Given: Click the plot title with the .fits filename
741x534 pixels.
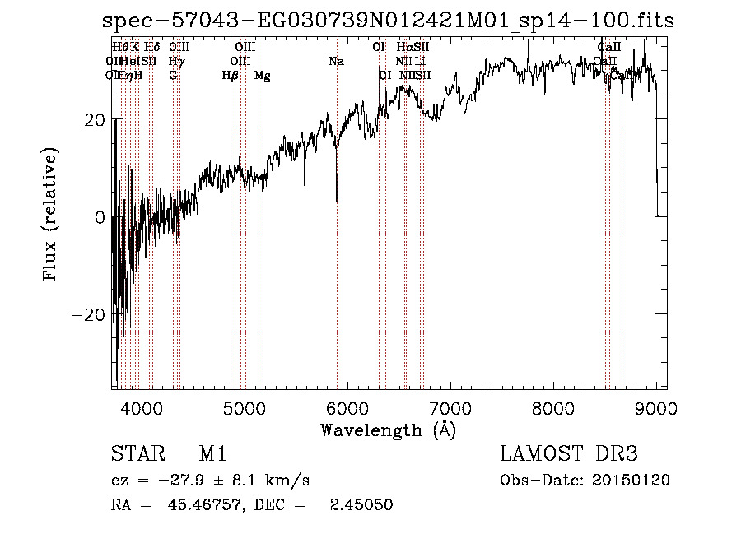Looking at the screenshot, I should pos(387,21).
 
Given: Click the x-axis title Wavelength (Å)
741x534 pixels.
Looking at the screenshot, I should pos(387,430).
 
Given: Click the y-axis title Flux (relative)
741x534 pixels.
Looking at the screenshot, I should pos(51,216).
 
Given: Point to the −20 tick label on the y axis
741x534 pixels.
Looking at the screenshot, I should pos(89,315).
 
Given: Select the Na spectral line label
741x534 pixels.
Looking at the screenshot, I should pos(336,62).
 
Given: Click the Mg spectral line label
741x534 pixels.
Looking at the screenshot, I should pos(262,76).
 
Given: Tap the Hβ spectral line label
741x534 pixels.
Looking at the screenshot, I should pos(231,76).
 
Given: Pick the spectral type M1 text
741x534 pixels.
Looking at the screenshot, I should pos(212,454).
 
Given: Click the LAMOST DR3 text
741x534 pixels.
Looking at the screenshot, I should pos(568,454).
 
